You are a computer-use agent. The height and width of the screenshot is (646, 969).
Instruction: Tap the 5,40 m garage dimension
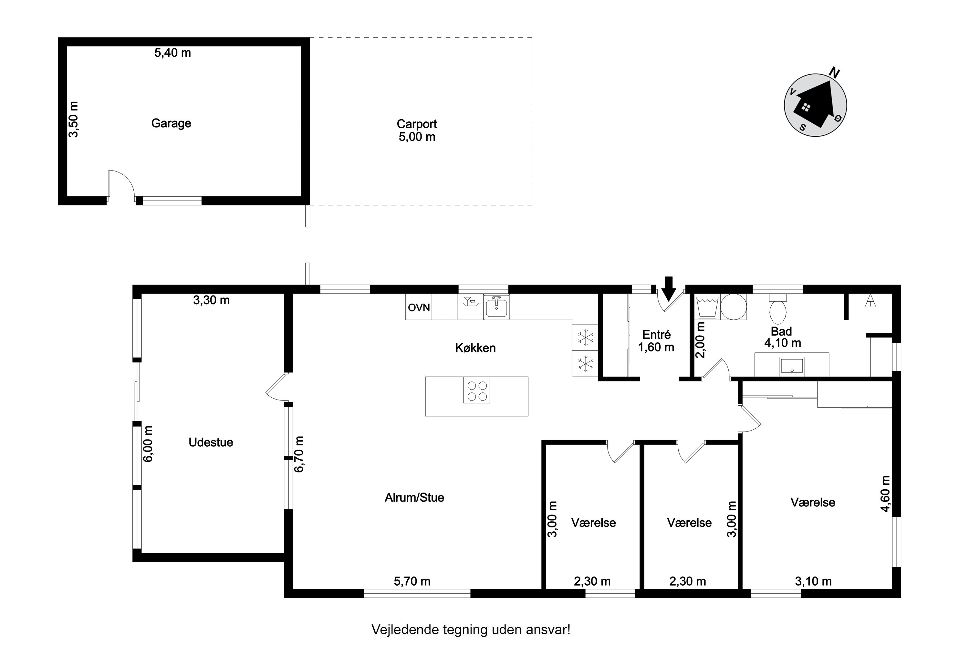pos(172,53)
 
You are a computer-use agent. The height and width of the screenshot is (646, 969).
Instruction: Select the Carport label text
pos(417,124)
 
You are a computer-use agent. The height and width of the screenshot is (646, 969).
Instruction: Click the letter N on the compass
pos(834,73)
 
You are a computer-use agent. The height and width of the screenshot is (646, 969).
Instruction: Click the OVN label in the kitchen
pos(419,307)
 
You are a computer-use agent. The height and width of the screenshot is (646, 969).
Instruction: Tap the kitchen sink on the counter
pos(496,307)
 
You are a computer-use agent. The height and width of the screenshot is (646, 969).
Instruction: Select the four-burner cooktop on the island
pos(477,390)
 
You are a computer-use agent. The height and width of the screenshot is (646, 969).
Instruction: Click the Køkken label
pos(475,348)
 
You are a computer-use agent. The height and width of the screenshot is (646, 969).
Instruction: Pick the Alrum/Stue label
pos(414,497)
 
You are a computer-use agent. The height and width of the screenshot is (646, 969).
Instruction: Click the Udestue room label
pos(211,442)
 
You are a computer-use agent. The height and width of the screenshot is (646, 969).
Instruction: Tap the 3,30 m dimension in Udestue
pos(211,300)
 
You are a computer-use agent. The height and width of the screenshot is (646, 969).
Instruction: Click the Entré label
pos(656,335)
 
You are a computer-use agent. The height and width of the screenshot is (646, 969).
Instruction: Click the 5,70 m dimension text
pos(412,581)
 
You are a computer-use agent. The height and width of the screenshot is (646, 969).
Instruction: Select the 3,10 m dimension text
pos(813,581)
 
